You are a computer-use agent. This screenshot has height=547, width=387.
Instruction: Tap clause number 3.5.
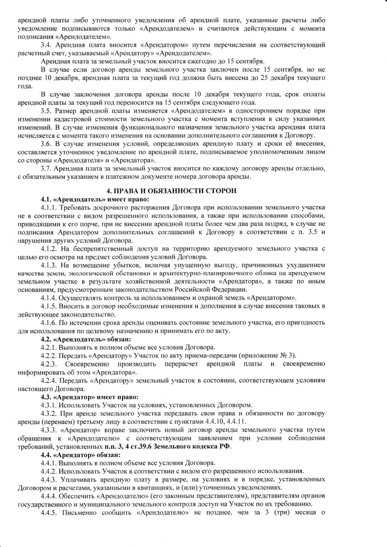pyautogui.click(x=47, y=110)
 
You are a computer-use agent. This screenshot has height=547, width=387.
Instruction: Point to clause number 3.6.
pyautogui.click(x=47, y=143)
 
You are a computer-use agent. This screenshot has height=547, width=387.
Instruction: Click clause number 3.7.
pyautogui.click(x=47, y=168)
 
